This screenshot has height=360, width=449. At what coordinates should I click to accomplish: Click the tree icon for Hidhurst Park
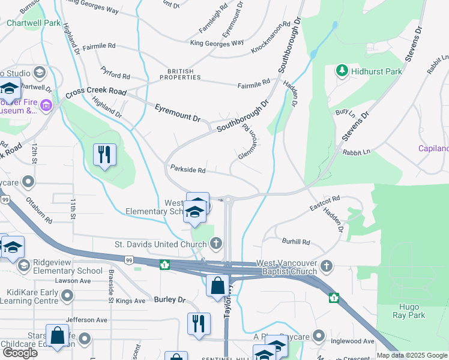click(342, 71)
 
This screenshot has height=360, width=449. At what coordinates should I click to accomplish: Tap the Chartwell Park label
click(34, 23)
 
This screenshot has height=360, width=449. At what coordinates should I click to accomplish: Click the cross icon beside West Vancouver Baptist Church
click(326, 266)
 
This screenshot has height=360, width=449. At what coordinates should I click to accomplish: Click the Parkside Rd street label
click(188, 170)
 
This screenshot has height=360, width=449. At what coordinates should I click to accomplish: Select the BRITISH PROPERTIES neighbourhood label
click(176, 74)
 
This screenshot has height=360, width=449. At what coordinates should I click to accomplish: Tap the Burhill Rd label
click(296, 242)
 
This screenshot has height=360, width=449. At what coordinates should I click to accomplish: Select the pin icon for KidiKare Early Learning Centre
click(67, 295)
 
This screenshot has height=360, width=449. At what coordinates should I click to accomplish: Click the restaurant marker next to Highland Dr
click(105, 155)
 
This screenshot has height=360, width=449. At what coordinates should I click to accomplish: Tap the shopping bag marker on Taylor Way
click(217, 286)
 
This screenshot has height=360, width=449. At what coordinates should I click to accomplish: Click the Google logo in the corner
click(20, 353)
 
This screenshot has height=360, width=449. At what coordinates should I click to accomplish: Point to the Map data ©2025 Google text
click(411, 355)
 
